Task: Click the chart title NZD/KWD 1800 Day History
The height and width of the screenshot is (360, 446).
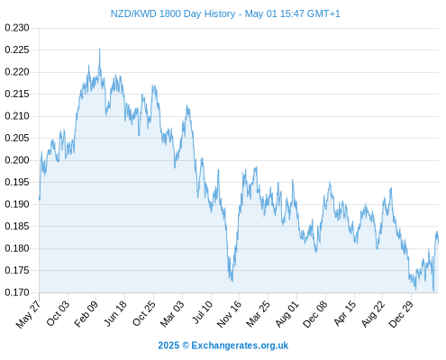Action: coord(173,13)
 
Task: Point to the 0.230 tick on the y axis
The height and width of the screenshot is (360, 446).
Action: coord(17,28)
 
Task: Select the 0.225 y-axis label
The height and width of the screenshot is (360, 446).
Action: coord(17,49)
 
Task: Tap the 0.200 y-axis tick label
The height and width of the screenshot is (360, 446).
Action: coord(17,160)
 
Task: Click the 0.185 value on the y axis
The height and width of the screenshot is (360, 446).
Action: coord(17,226)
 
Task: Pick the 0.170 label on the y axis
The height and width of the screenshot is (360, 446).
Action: coord(17,292)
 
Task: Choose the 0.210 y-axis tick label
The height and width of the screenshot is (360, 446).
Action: coord(17,116)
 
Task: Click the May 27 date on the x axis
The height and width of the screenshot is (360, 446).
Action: coord(28,314)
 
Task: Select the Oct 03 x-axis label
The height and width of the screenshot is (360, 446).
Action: coord(57,313)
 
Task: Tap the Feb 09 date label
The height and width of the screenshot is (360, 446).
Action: coord(86,314)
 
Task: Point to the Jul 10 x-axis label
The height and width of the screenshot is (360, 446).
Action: coord(203,312)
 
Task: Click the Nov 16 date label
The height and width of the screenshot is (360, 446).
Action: coord(229,314)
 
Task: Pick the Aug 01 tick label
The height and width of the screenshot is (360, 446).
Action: coord(287,314)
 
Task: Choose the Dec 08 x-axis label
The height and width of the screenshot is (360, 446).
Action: coord(314,314)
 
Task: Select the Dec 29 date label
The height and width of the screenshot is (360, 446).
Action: coord(401,314)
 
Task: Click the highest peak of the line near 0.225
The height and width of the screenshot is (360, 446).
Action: coord(100,49)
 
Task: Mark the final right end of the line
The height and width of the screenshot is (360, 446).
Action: coord(438,242)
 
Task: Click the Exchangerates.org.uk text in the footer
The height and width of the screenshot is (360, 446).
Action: coord(240,346)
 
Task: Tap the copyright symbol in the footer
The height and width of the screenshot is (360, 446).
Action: coord(186,346)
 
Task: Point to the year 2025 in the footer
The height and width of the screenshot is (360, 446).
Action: coord(168,346)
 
